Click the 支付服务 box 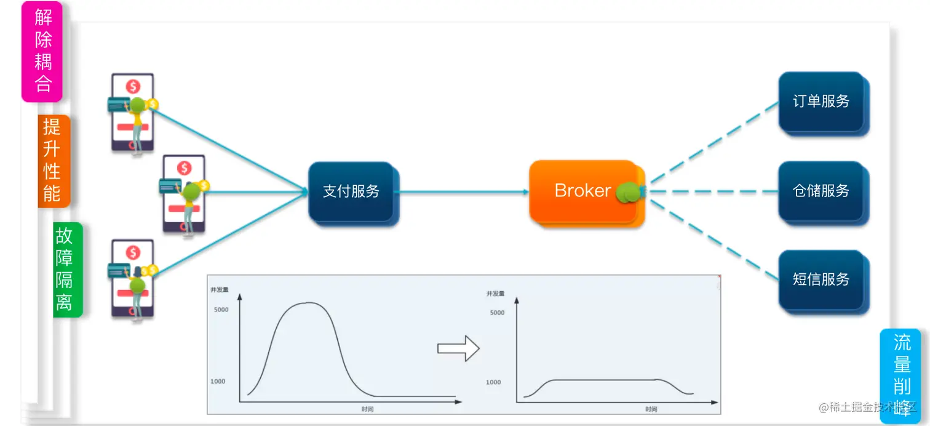click(x=351, y=191)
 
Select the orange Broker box click(x=582, y=191)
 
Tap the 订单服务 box click(x=821, y=102)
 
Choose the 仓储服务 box click(x=821, y=191)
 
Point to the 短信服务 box click(x=821, y=279)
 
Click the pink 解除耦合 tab click(x=42, y=50)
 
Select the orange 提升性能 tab click(x=54, y=161)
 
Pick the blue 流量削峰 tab click(x=901, y=376)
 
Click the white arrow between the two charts click(x=458, y=348)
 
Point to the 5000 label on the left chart click(x=221, y=310)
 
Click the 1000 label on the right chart click(x=494, y=382)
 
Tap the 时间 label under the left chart click(x=367, y=409)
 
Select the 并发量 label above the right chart click(x=495, y=294)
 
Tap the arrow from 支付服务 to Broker click(x=461, y=191)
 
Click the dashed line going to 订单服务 click(x=713, y=143)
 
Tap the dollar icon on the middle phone click(x=184, y=168)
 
